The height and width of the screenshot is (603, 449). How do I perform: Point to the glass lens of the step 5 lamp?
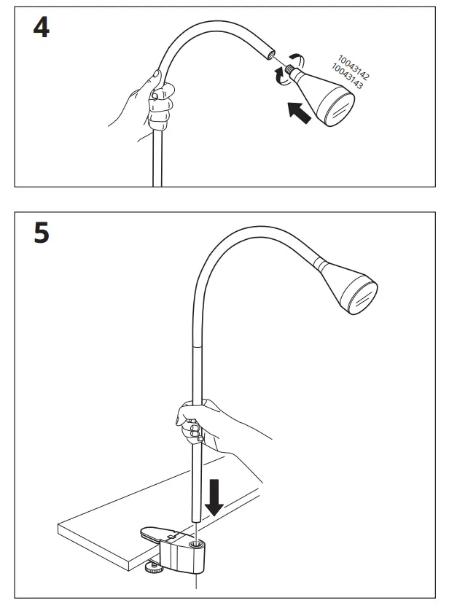tap(362, 297)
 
